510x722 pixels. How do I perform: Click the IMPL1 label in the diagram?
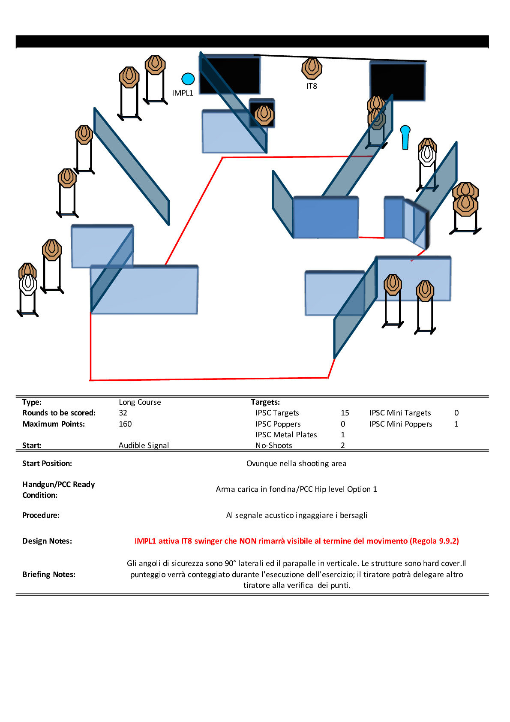tap(183, 93)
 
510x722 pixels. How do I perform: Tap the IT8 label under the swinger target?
tap(312, 86)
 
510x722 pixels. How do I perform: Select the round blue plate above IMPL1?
tap(188, 79)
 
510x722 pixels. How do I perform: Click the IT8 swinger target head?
tap(312, 68)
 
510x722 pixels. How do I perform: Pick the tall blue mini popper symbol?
tap(405, 137)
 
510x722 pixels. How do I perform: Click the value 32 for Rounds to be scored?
tap(123, 413)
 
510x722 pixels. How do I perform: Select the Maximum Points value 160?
tap(125, 424)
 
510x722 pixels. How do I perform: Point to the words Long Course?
tap(140, 402)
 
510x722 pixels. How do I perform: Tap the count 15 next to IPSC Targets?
tap(345, 413)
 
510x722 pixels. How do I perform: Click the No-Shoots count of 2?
tap(343, 445)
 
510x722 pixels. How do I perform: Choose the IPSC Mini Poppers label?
tap(401, 424)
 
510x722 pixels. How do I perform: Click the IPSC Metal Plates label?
tap(286, 435)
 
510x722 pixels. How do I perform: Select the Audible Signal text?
tap(144, 445)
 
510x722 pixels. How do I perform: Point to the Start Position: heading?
tap(47, 463)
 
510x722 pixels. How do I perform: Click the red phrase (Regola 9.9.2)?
tap(434, 541)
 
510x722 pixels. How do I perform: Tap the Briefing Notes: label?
tap(49, 575)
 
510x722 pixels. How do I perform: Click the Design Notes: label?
tap(47, 541)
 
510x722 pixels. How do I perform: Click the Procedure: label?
tap(41, 515)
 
